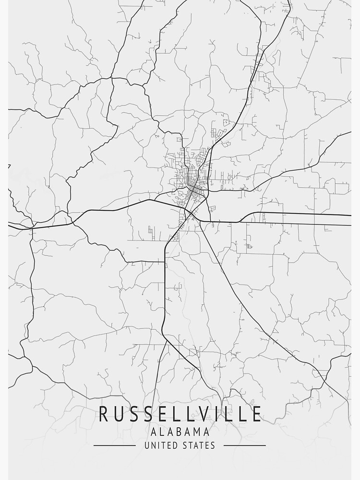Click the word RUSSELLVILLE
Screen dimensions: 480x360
point(180,414)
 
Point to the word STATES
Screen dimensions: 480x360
point(198,445)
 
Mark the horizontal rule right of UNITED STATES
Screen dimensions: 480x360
point(245,445)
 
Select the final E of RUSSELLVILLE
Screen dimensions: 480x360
point(257,414)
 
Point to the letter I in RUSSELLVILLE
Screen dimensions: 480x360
point(214,414)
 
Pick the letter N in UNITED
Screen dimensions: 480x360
point(153,445)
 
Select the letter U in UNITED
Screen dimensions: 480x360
point(146,445)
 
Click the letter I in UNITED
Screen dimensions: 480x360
point(158,445)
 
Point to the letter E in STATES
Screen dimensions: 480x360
point(207,445)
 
